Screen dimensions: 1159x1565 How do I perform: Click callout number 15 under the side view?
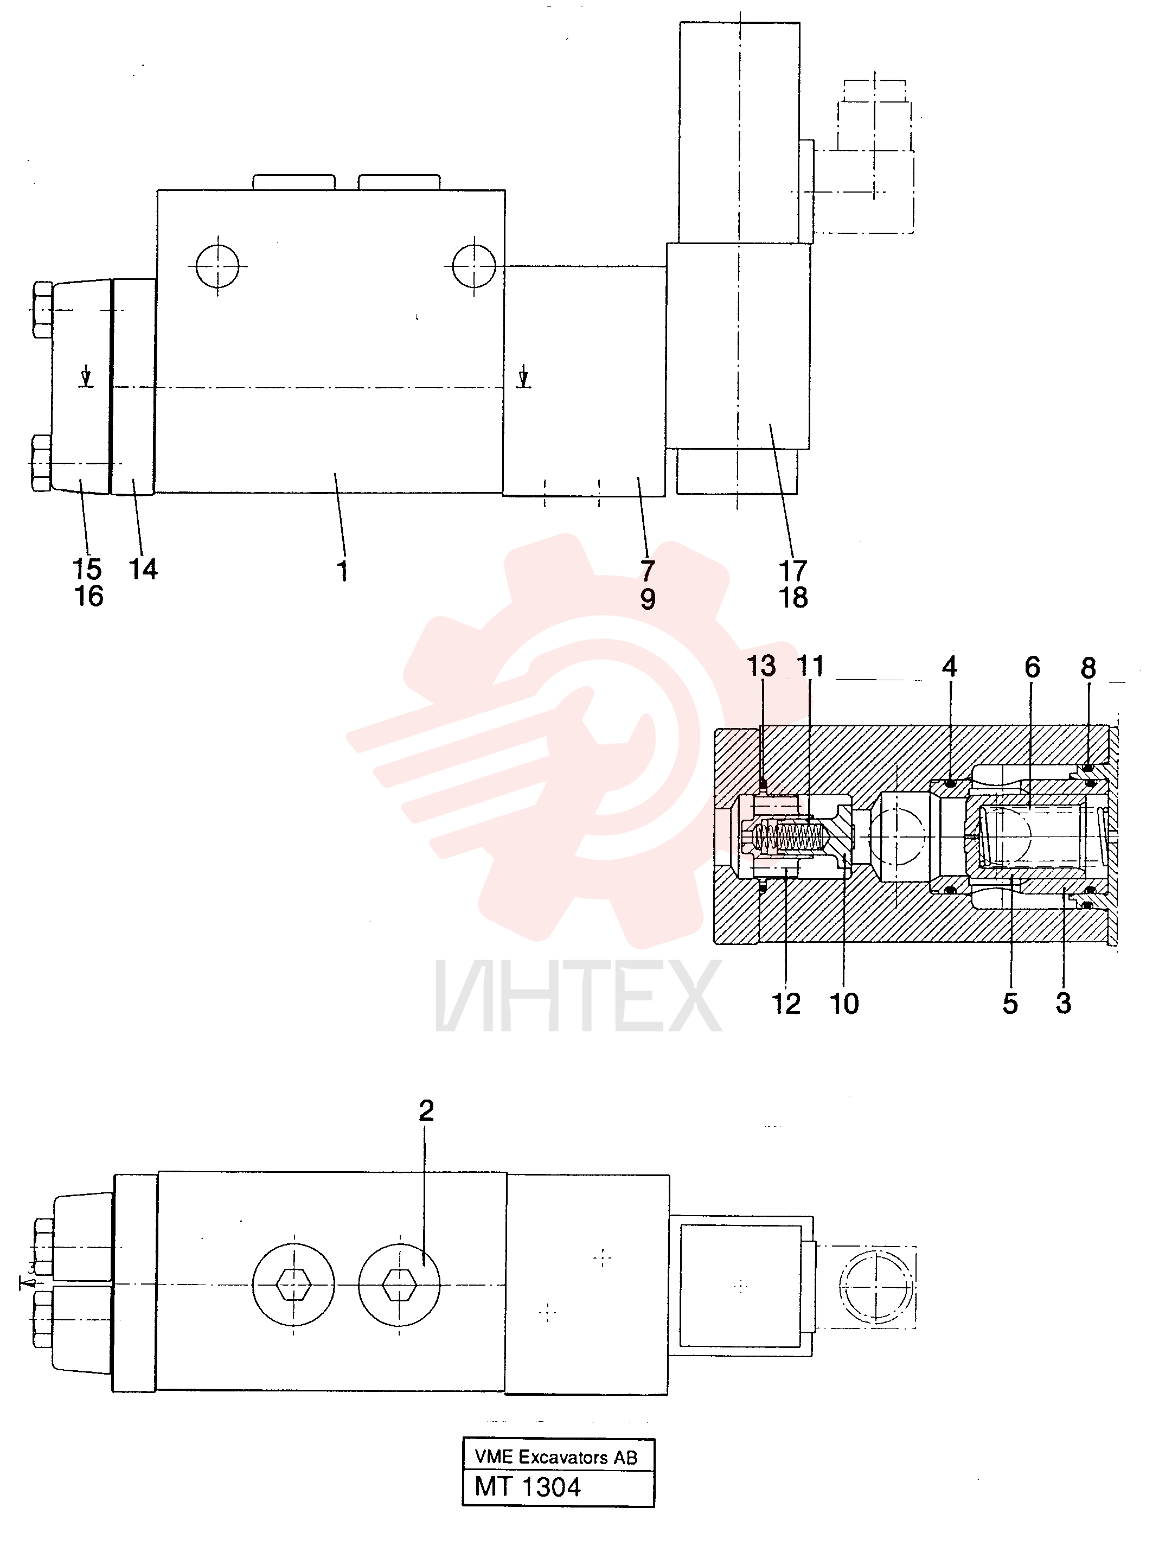pyautogui.click(x=87, y=569)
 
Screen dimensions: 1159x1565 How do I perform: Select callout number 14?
pyautogui.click(x=143, y=569)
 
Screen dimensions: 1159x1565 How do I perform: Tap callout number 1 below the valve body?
pyautogui.click(x=342, y=571)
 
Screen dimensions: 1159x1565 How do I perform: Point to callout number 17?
pyautogui.click(x=793, y=571)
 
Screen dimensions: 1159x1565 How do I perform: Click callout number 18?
pyautogui.click(x=793, y=598)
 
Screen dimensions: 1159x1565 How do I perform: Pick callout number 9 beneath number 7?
pyautogui.click(x=648, y=599)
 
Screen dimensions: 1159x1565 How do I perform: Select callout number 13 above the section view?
pyautogui.click(x=761, y=666)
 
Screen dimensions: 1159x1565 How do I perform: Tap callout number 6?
pyautogui.click(x=1032, y=667)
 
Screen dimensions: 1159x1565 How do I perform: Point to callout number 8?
pyautogui.click(x=1088, y=668)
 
